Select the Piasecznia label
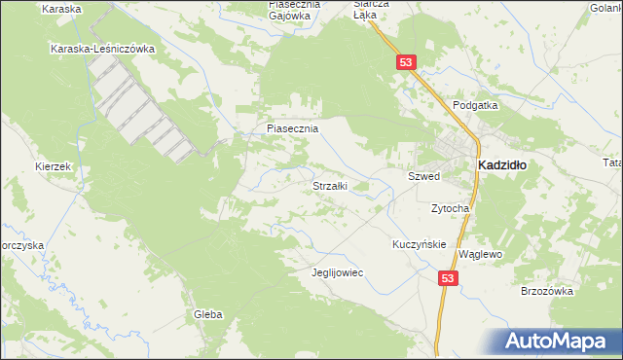click(292, 127)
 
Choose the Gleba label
click(208, 314)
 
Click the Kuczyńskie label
click(419, 244)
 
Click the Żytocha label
click(451, 208)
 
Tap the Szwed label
click(423, 176)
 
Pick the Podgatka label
click(475, 105)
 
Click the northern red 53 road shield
click(407, 62)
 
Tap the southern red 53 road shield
click(447, 278)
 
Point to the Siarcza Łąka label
click(370, 10)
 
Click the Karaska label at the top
click(62, 8)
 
